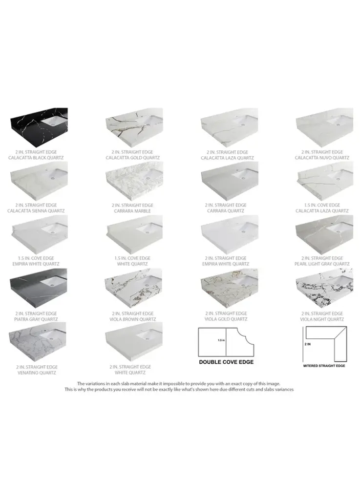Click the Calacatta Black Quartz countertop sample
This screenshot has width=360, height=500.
[x=39, y=127]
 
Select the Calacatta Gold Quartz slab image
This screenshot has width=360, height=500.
[x=134, y=127]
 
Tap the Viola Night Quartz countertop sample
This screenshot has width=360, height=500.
[x=324, y=289]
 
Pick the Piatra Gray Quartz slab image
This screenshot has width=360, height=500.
[x=38, y=289]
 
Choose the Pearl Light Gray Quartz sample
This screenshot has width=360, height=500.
[x=324, y=235]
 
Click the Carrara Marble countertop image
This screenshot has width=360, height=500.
[x=134, y=182]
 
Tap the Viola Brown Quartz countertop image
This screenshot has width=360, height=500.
[x=134, y=289]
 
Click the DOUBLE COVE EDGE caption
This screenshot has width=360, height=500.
[x=226, y=362]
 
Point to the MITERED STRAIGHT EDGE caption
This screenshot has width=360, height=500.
[x=324, y=366]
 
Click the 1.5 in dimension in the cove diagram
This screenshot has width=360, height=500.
[x=221, y=340]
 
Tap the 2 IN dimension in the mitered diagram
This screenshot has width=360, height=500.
[x=307, y=344]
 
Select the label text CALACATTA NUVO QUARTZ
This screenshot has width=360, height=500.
[x=322, y=158]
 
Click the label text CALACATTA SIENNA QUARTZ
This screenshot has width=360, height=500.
[x=36, y=211]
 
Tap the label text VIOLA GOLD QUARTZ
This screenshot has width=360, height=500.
[x=226, y=319]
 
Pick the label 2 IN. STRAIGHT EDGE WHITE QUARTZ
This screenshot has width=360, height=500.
[x=130, y=370]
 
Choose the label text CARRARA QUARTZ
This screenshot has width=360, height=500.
[x=226, y=211]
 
